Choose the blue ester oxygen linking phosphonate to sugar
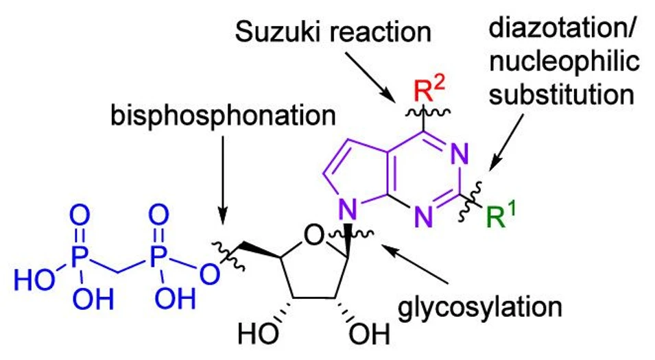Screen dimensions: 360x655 [x=214, y=274]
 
